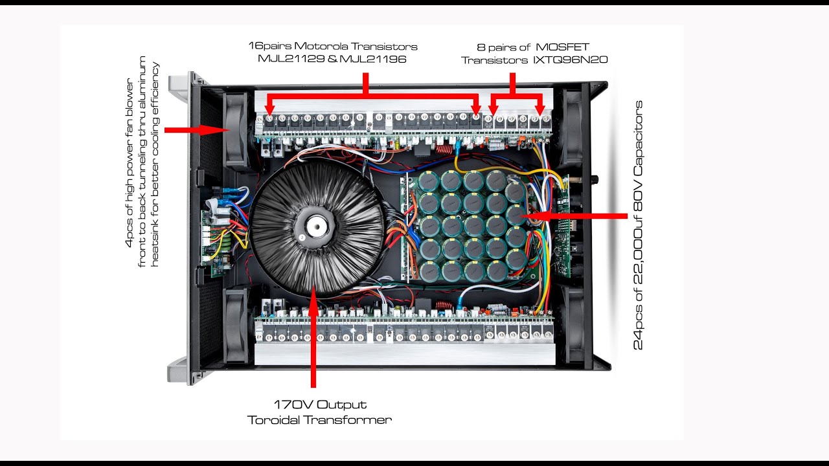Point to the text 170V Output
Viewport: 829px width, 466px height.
[x=320, y=405]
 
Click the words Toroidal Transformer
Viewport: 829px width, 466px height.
[x=320, y=420]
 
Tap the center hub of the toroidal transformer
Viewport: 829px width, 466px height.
[x=315, y=227]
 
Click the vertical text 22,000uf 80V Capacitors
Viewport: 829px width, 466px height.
[x=639, y=225]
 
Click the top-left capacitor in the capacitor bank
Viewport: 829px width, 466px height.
[x=429, y=182]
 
